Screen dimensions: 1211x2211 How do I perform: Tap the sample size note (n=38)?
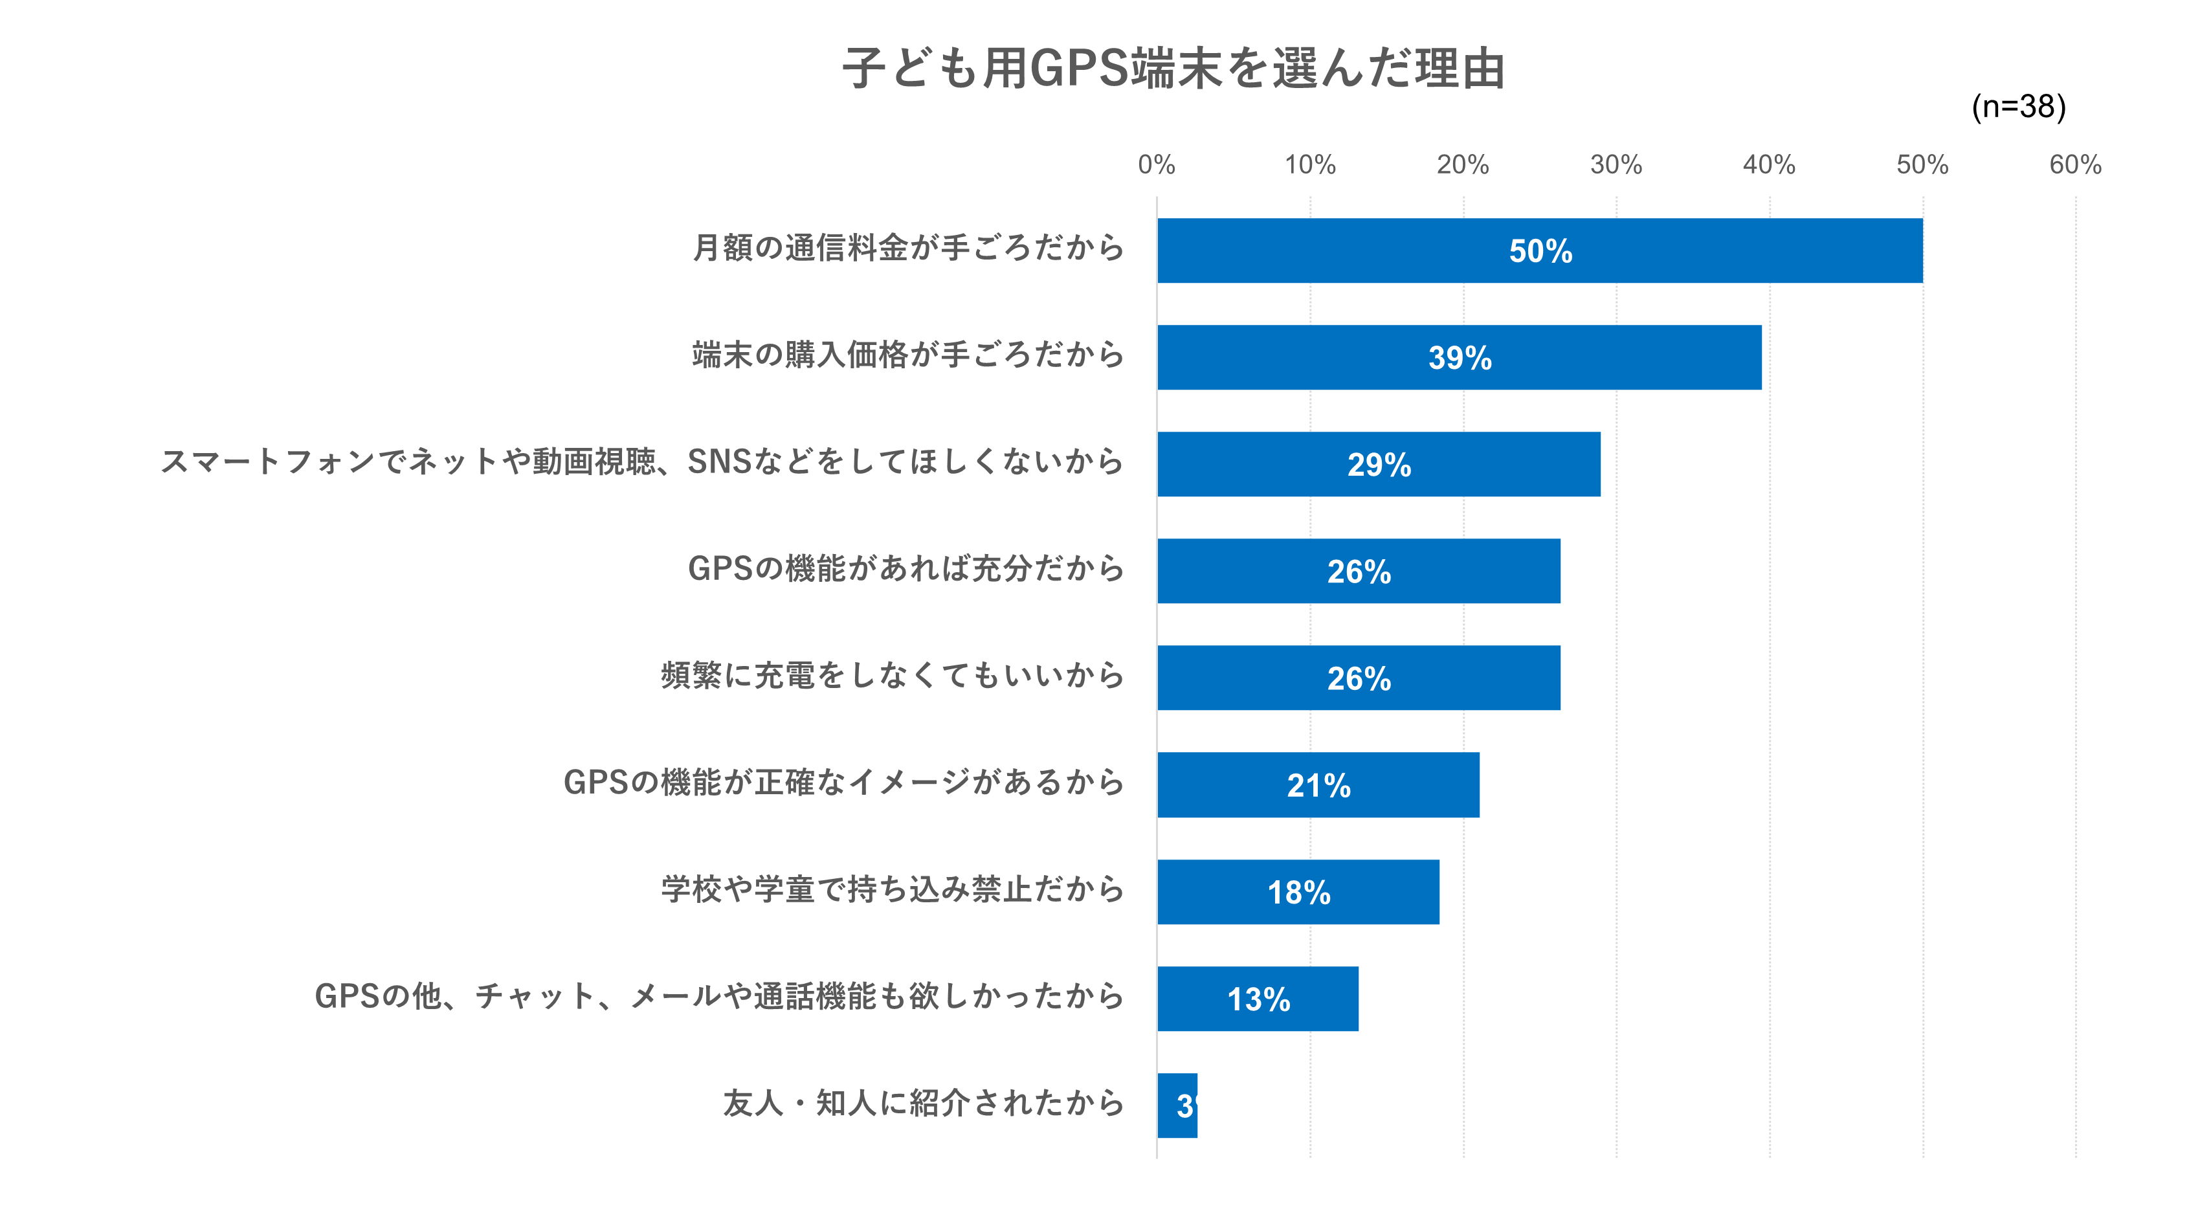pyautogui.click(x=2018, y=106)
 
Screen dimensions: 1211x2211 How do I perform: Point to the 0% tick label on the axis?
pyautogui.click(x=1156, y=165)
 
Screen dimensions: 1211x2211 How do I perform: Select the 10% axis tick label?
pyautogui.click(x=1310, y=165)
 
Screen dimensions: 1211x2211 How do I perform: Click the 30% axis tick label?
pyautogui.click(x=1616, y=165)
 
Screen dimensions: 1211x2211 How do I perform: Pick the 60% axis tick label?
pyautogui.click(x=2074, y=165)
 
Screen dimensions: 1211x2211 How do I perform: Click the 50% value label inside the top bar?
pyautogui.click(x=1540, y=252)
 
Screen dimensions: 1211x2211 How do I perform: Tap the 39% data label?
pyautogui.click(x=1460, y=358)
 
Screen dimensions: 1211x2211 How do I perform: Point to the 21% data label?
pyautogui.click(x=1318, y=785)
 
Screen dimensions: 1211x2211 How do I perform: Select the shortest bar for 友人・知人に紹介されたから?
pyautogui.click(x=1177, y=1105)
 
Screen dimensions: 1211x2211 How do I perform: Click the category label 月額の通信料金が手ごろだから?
pyautogui.click(x=907, y=248)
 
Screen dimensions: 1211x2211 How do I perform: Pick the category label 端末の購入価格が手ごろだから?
pyautogui.click(x=907, y=355)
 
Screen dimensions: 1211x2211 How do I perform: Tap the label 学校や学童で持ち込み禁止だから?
pyautogui.click(x=892, y=889)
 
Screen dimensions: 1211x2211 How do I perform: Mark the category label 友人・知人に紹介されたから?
pyautogui.click(x=923, y=1103)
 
